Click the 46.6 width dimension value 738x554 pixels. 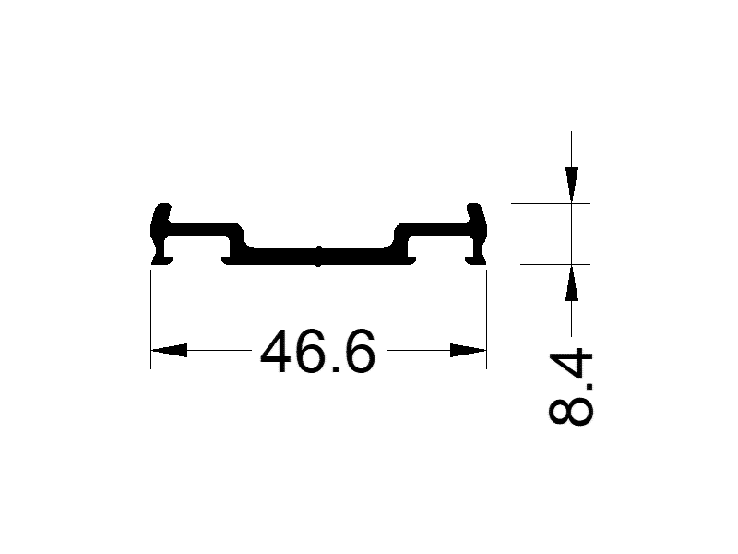point(318,352)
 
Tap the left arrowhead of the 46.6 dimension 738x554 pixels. point(169,351)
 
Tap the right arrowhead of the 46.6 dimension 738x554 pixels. point(468,351)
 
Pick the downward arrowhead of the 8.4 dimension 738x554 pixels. point(572,183)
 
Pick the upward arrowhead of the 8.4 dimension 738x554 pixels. point(572,283)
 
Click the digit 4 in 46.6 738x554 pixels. point(279,352)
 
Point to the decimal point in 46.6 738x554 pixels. point(335,368)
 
